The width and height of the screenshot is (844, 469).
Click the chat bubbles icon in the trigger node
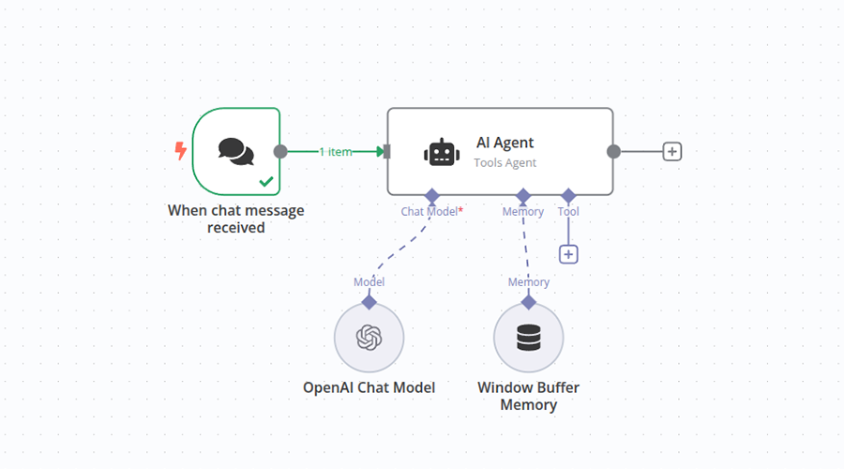point(235,151)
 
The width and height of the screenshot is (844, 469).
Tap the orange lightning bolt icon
point(181,150)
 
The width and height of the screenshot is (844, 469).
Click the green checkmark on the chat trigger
point(266,180)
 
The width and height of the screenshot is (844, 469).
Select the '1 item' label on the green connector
point(335,151)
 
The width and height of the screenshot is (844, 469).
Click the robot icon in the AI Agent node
point(442,152)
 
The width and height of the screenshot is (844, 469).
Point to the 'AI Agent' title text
point(505,143)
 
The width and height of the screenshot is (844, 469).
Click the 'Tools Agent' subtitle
point(505,163)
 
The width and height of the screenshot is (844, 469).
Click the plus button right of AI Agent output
point(671,151)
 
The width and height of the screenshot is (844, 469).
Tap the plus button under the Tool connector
point(568,254)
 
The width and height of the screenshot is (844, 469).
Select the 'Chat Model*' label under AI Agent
point(431,212)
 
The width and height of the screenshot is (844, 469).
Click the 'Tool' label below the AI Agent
point(568,212)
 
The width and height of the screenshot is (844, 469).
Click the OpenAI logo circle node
point(369,338)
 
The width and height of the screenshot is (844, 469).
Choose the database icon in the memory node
point(529,338)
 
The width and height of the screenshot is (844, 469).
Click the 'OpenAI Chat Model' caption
point(369,387)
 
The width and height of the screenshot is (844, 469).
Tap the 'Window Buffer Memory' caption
point(528,396)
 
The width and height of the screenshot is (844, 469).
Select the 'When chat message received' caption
point(235,219)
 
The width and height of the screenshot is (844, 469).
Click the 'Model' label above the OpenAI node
point(369,281)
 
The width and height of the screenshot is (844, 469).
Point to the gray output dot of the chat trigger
point(279,151)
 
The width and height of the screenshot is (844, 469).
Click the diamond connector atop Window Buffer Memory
point(529,302)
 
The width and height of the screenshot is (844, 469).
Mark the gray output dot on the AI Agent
point(613,151)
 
